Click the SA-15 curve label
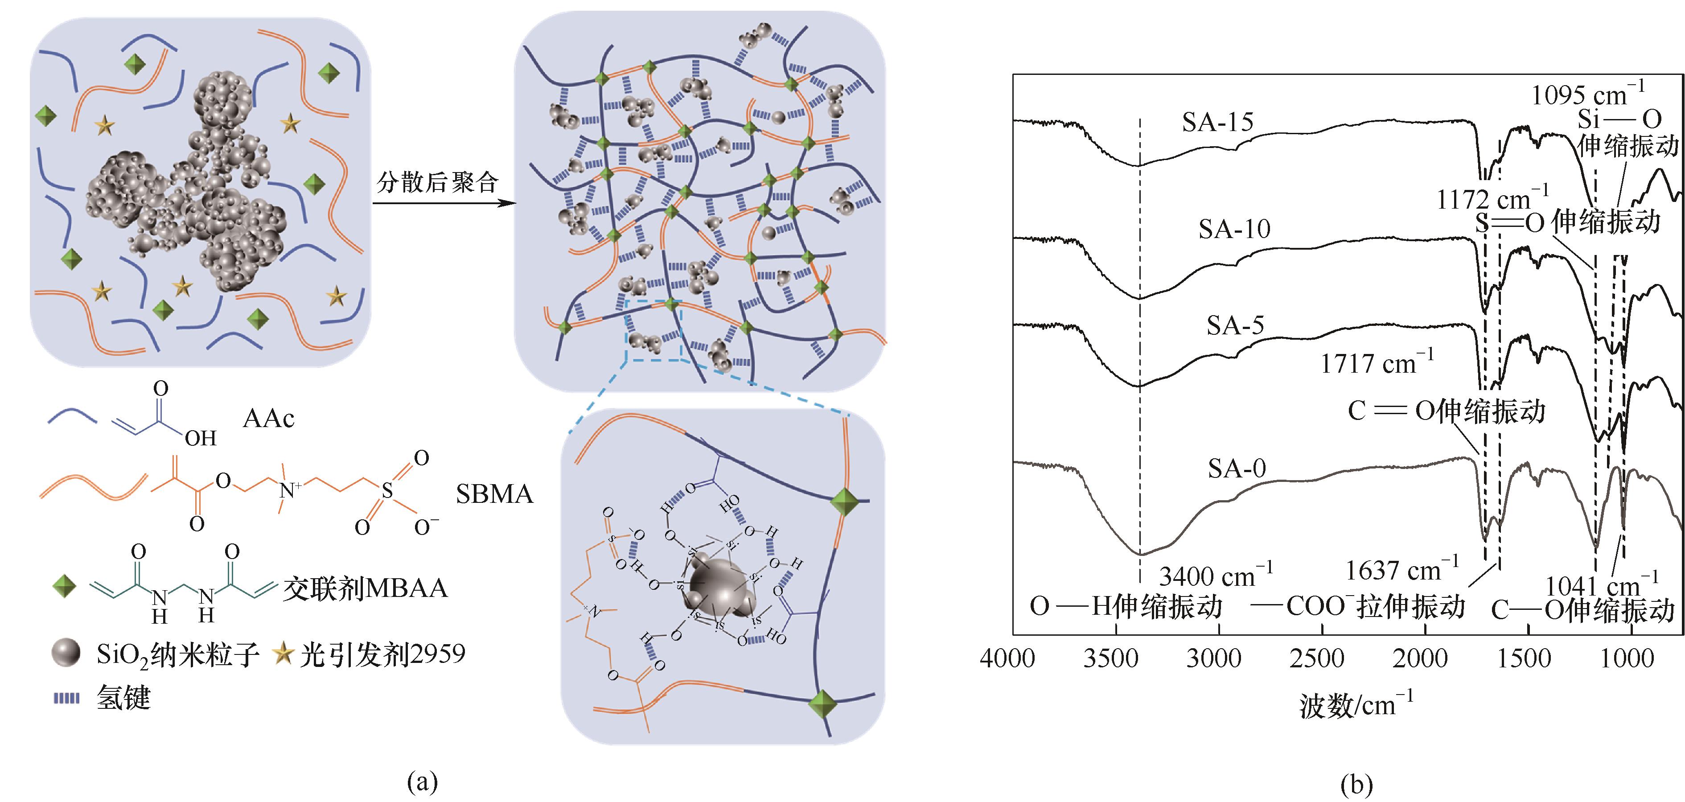(1217, 122)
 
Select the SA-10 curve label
(1234, 229)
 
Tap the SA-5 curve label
(1235, 325)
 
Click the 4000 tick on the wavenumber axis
(1007, 658)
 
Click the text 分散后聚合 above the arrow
(438, 182)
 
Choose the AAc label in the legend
(268, 418)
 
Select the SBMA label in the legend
(494, 494)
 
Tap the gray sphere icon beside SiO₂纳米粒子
(66, 653)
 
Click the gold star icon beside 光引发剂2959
(283, 653)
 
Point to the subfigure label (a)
(422, 782)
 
